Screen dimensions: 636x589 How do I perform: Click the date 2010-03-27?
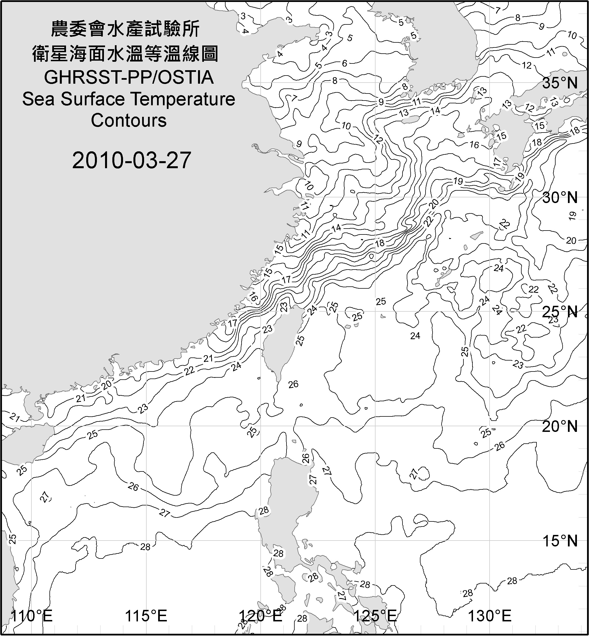tap(131, 160)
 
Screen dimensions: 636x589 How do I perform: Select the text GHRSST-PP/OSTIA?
tap(128, 77)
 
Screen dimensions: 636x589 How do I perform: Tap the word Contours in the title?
tap(128, 120)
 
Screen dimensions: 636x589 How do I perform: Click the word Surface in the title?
tap(92, 99)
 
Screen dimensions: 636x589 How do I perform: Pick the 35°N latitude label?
tap(560, 83)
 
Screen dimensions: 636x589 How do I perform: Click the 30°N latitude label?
tap(560, 198)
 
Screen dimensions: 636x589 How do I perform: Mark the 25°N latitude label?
tap(560, 312)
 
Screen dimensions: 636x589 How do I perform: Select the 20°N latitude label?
tap(560, 427)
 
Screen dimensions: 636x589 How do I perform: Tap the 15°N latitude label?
tap(560, 541)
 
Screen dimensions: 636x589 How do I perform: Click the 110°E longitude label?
tap(31, 616)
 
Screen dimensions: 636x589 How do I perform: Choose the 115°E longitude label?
tap(146, 616)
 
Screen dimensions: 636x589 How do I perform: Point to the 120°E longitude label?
tap(261, 616)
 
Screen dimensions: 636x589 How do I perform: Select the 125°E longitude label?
tap(376, 616)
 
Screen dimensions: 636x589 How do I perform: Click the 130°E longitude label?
tap(490, 616)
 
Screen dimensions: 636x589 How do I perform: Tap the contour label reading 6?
tap(345, 63)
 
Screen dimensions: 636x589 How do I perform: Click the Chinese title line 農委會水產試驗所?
tap(125, 29)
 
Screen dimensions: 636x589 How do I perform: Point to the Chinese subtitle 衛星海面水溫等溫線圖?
tap(125, 54)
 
